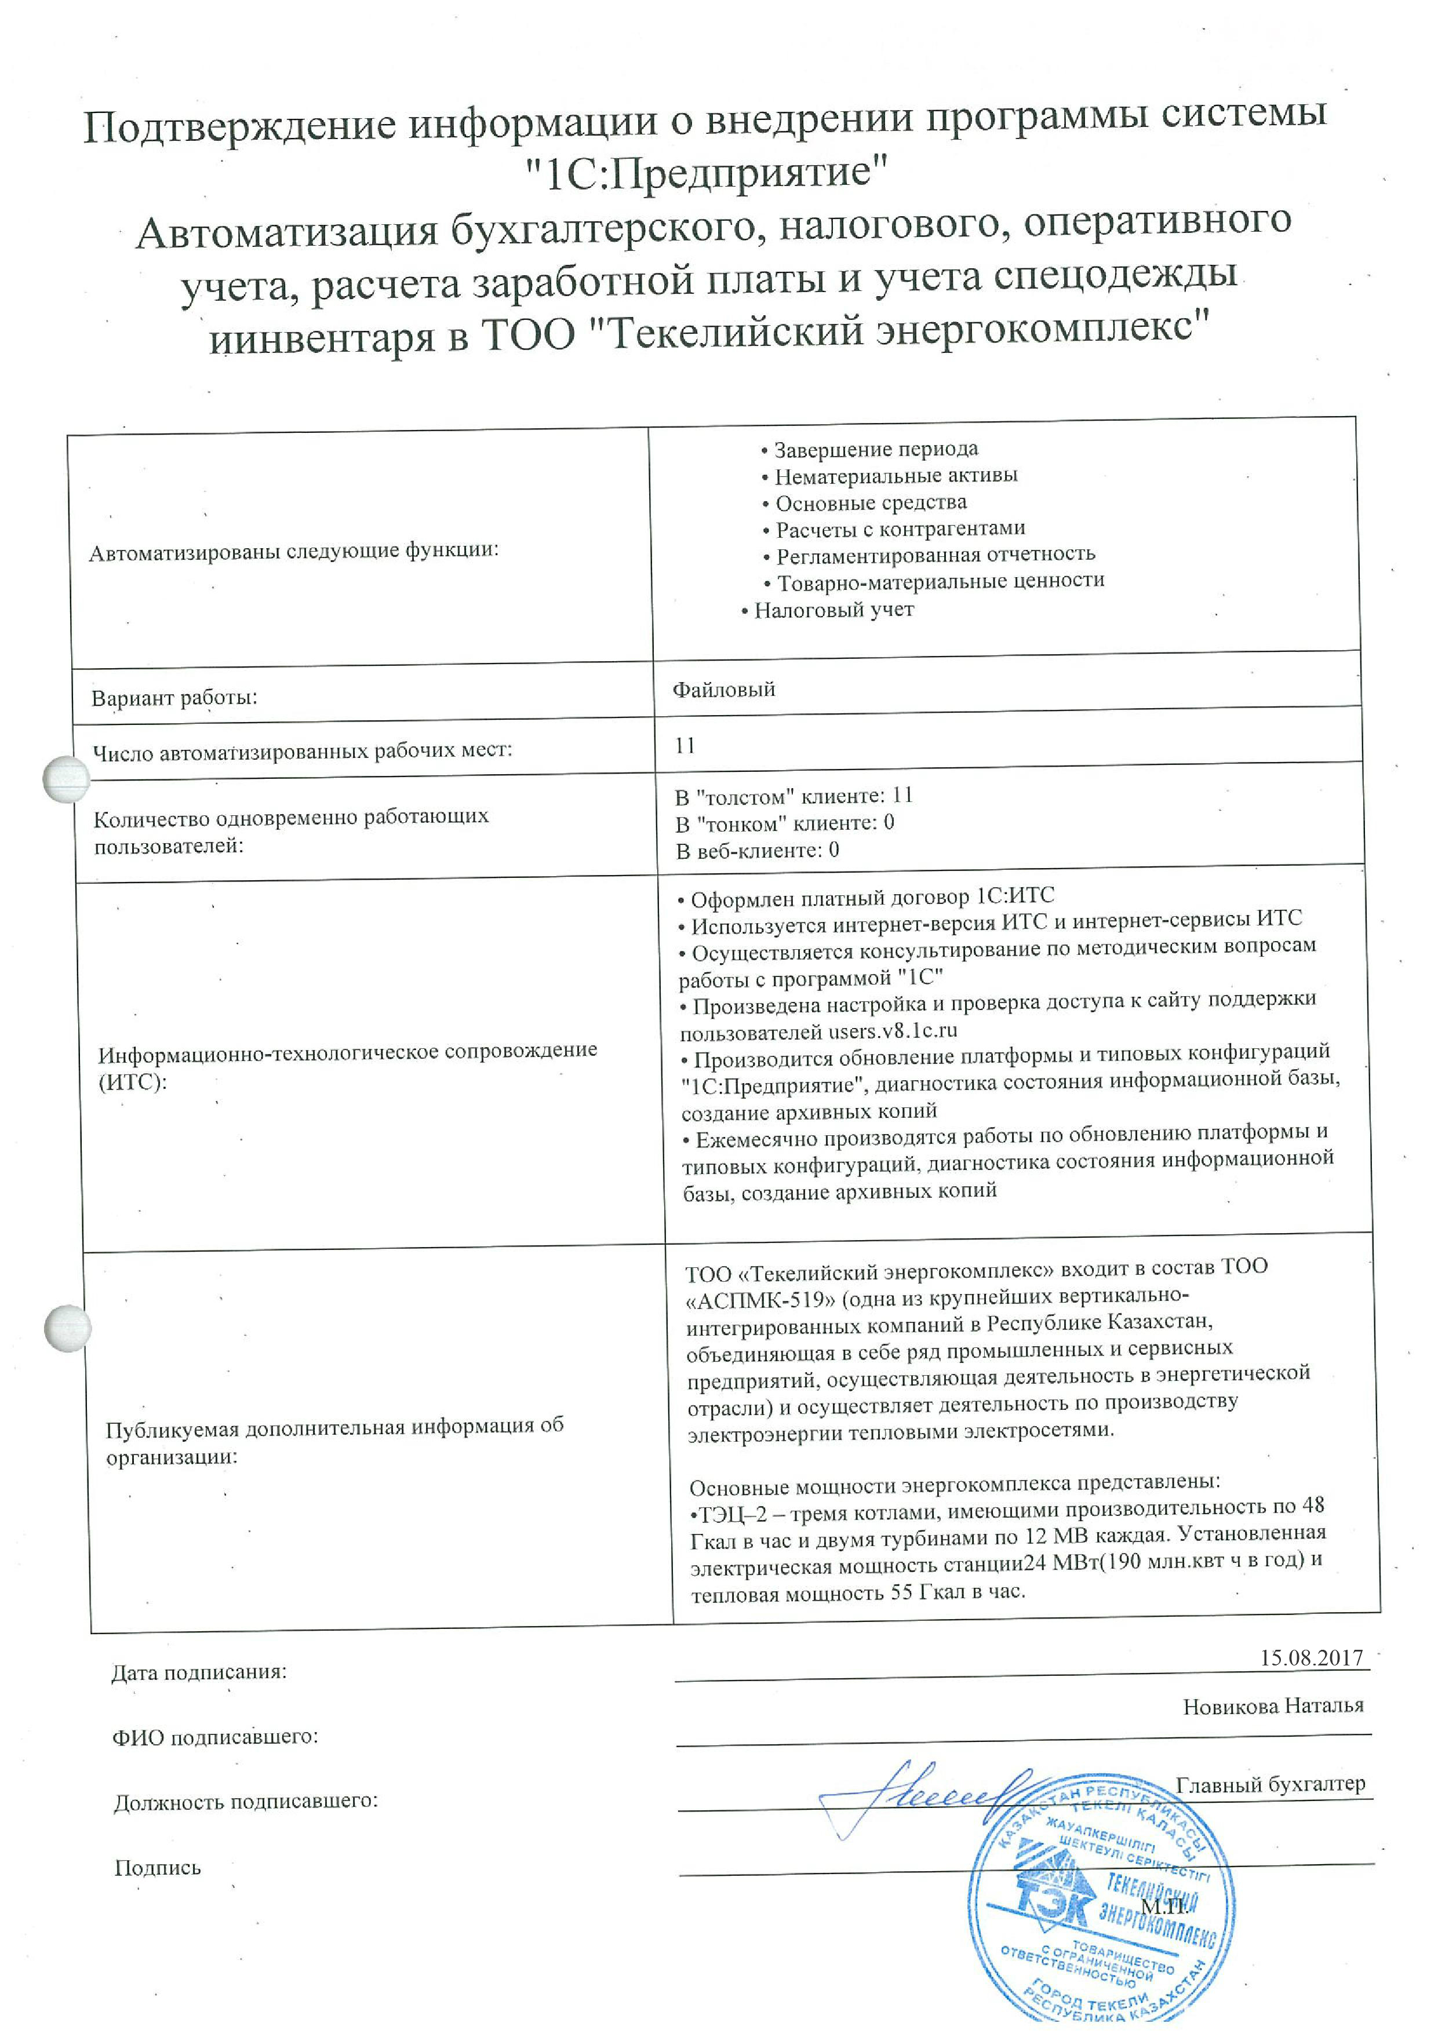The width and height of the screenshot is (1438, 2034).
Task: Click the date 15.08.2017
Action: tap(1310, 1657)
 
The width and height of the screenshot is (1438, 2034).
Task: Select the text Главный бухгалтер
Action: tap(1270, 1784)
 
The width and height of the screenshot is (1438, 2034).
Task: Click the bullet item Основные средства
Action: tap(870, 503)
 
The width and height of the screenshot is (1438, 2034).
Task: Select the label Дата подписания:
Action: tap(198, 1672)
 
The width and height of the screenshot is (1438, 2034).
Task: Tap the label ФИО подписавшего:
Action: tap(214, 1736)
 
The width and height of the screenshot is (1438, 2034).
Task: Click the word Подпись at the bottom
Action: tap(158, 1868)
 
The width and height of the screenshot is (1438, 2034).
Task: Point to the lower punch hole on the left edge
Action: tap(67, 1328)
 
